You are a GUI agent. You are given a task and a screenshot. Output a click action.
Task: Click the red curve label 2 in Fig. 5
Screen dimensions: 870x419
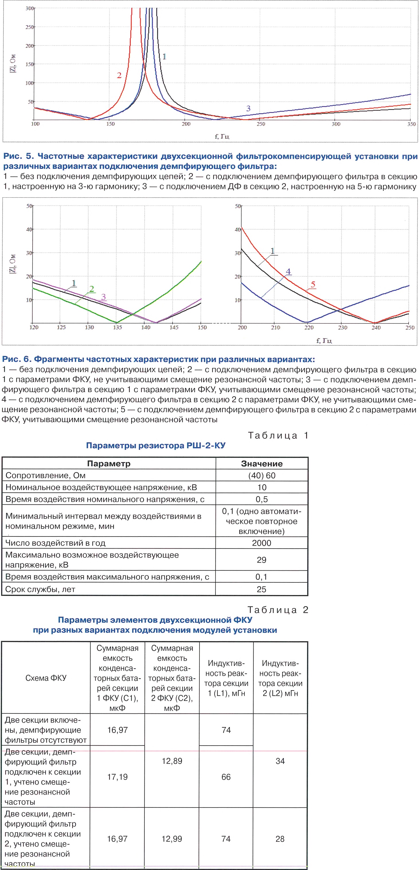point(119,75)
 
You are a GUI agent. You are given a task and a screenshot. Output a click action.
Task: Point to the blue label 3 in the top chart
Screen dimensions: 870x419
point(248,108)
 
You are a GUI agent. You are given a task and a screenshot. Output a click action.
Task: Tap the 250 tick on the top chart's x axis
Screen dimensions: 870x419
point(261,124)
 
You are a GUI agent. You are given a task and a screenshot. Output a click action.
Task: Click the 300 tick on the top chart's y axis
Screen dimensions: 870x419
point(30,8)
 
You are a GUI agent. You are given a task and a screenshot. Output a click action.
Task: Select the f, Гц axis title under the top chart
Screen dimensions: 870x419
point(222,136)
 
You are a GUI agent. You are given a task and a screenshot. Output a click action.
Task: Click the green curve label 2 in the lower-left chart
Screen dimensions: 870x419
point(91,289)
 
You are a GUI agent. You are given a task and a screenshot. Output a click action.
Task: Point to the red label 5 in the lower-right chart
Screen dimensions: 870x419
point(313,284)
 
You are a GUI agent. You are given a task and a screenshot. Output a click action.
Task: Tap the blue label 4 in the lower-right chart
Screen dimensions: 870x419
point(288,271)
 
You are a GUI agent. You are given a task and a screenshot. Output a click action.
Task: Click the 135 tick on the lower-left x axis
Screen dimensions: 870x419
point(117,327)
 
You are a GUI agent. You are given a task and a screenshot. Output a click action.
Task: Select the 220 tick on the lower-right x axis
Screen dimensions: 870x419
point(309,327)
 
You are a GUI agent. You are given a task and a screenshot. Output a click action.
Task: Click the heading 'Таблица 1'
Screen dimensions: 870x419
point(278,435)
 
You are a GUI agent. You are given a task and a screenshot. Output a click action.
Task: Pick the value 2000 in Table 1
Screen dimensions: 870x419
point(261,543)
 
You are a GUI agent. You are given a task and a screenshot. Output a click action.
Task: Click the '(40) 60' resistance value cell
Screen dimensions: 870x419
point(262,475)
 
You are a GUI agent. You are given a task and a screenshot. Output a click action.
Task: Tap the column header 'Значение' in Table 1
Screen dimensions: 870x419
point(262,463)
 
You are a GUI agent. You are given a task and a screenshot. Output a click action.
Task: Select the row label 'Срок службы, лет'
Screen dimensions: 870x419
point(40,589)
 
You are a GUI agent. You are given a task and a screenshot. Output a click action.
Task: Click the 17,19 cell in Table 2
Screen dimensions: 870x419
point(117,777)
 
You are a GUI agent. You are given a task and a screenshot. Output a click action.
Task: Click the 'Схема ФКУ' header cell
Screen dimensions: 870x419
point(46,678)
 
